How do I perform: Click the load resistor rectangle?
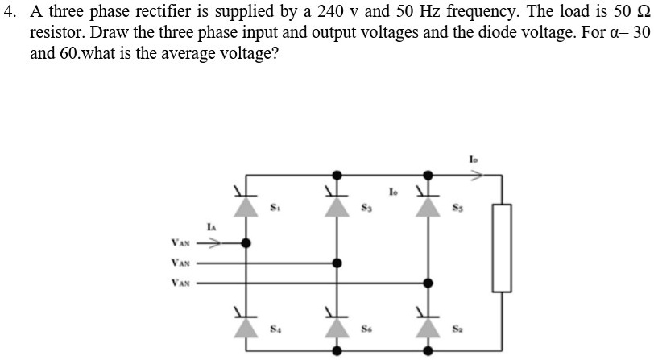pyautogui.click(x=503, y=246)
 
